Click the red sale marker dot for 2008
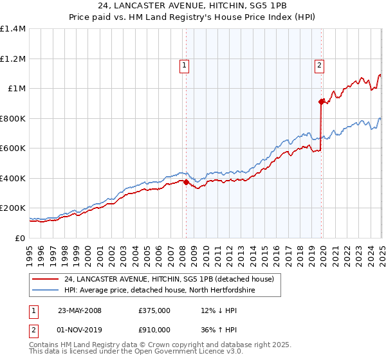(x=186, y=182)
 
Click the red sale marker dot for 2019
(x=321, y=102)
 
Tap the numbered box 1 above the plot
(x=185, y=64)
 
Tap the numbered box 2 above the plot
(x=320, y=64)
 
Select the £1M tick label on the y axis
(x=17, y=89)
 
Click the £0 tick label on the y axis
(x=21, y=239)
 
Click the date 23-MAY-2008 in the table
(x=80, y=310)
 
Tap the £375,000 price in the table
(x=154, y=310)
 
